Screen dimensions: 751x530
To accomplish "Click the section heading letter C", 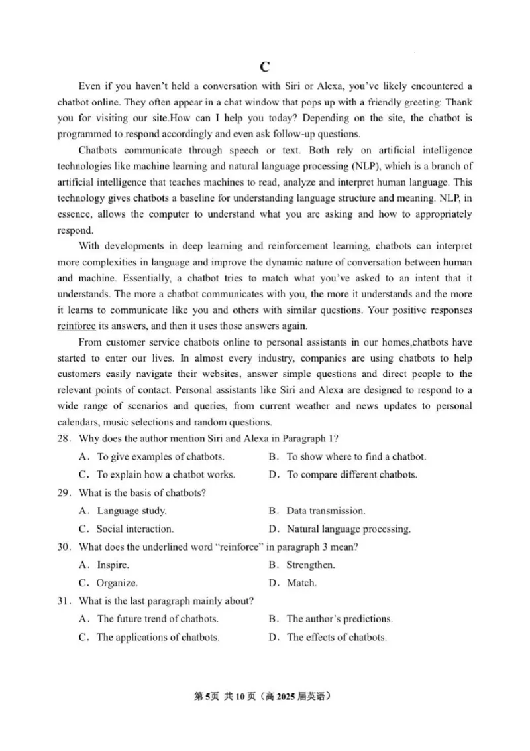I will tap(264, 66).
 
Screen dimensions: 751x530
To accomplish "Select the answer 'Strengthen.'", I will tap(310, 565).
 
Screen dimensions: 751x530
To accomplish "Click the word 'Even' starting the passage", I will tap(89, 86).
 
